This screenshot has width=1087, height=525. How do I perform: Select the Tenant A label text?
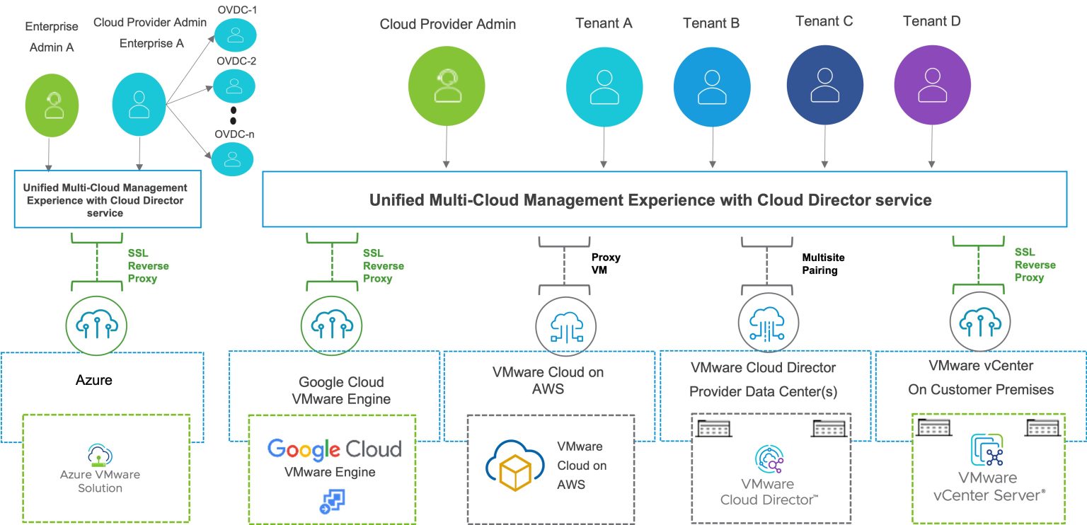[x=604, y=23]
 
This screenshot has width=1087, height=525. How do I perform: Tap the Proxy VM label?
[x=606, y=264]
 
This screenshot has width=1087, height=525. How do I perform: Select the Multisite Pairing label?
[x=823, y=264]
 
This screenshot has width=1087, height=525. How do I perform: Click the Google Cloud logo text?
[x=334, y=449]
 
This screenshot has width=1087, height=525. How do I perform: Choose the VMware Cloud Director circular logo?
[x=769, y=461]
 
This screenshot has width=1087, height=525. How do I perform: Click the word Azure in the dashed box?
[x=94, y=380]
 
